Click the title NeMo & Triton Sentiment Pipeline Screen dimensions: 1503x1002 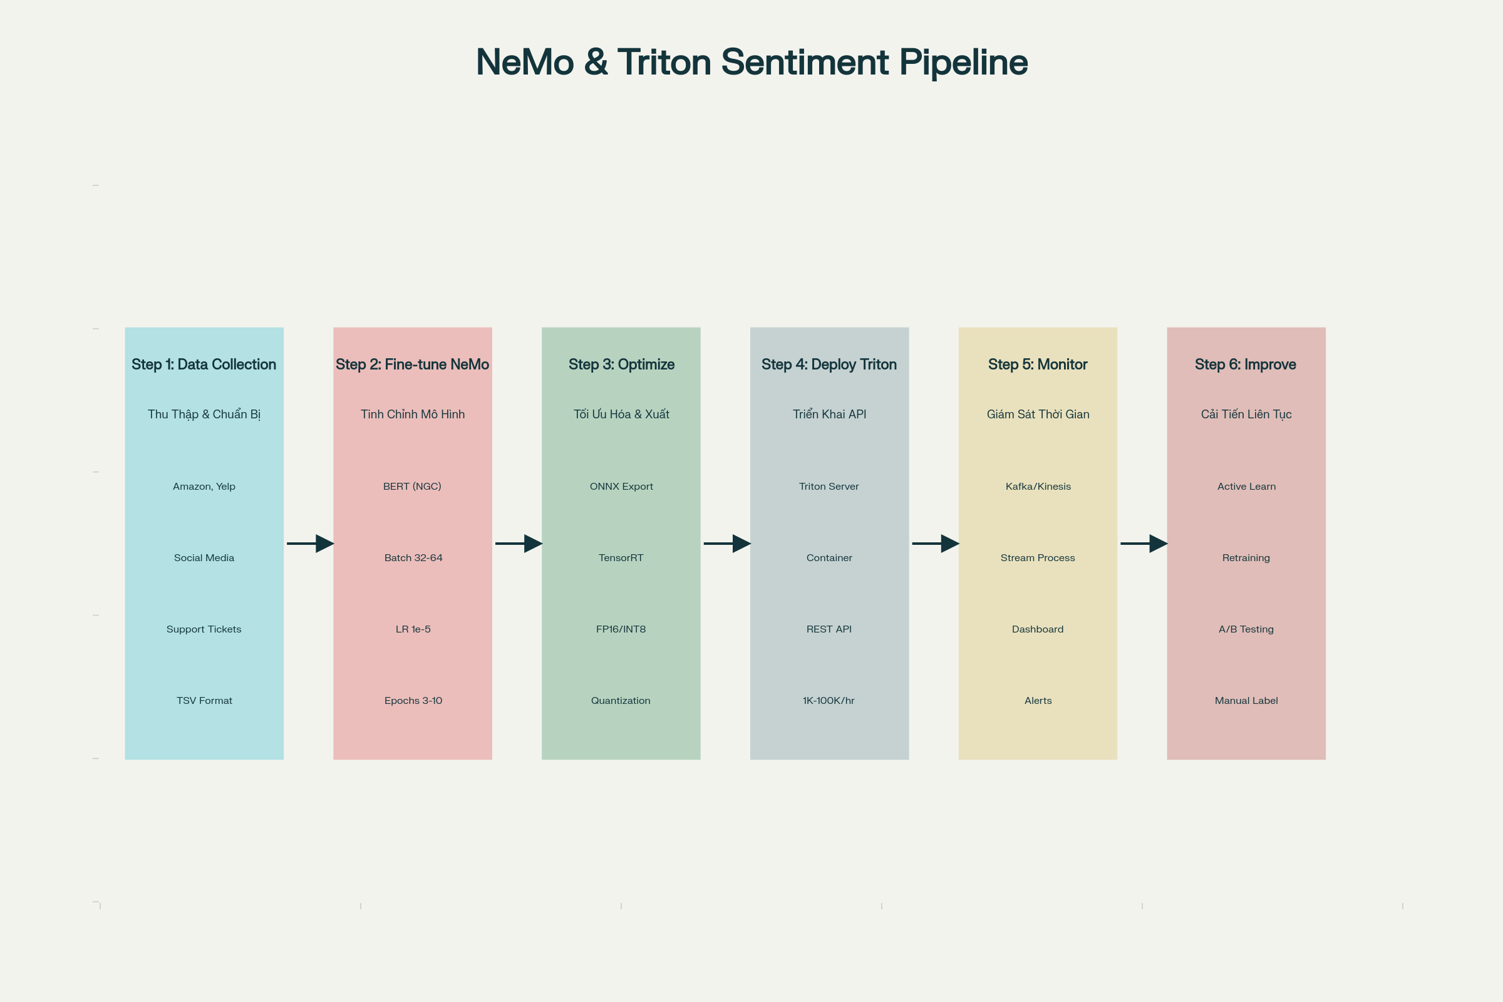coord(751,63)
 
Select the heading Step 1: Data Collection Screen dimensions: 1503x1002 coord(204,364)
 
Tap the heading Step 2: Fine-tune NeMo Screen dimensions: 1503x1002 coord(412,364)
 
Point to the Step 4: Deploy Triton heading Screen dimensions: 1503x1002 coord(829,364)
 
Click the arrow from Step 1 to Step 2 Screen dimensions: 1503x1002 coord(311,544)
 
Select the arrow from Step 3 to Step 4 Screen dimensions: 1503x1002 coord(727,544)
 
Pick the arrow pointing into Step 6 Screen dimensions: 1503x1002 coord(1144,544)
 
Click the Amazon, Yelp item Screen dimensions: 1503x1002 coord(204,487)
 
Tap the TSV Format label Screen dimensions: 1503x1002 coord(205,700)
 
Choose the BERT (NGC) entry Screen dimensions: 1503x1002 coord(412,487)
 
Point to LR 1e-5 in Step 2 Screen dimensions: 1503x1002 coord(413,629)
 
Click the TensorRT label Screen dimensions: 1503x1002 coord(621,558)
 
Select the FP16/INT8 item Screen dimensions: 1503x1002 coord(621,629)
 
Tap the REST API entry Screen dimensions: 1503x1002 coord(829,629)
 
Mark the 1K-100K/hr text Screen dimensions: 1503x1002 coord(829,700)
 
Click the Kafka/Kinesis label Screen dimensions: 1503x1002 coord(1038,487)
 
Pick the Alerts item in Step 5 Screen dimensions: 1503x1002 coord(1038,700)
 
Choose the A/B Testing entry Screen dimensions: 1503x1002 coord(1246,629)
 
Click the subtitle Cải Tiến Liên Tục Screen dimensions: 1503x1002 coord(1246,414)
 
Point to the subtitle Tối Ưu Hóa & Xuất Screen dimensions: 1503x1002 coord(621,414)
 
